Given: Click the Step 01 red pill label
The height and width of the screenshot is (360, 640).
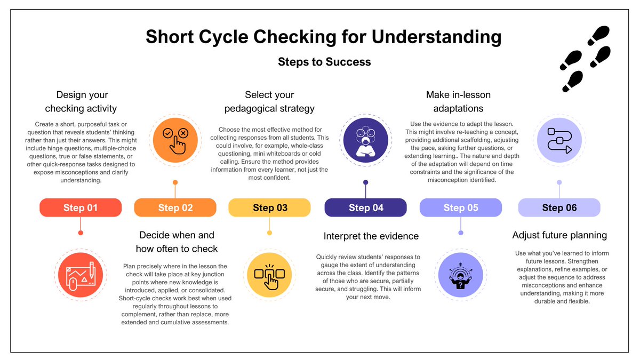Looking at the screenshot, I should point(81,207).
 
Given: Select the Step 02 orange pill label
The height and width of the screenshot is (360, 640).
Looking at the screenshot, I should point(175,207).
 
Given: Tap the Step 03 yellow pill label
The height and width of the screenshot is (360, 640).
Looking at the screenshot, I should point(270,207).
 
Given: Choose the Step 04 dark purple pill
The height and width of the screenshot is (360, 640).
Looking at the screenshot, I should point(366,207).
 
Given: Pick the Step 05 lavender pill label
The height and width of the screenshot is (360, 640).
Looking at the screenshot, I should point(461,207).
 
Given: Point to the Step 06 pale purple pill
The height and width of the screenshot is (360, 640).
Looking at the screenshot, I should point(559,207).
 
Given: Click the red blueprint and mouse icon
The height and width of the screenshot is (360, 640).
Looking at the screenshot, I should point(81,275).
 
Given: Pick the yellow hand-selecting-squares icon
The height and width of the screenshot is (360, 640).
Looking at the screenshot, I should point(269,275).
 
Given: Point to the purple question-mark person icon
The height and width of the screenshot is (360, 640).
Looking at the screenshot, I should point(461,275).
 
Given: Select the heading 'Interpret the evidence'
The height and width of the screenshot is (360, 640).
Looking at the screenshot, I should point(371,236).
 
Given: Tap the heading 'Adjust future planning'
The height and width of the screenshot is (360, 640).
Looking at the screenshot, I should point(559,235).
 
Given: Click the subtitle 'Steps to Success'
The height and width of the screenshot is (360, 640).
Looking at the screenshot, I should point(324,62).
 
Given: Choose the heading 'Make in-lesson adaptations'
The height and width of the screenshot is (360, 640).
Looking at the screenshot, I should point(458,101).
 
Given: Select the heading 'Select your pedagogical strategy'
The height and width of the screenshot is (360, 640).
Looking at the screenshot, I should point(269,101).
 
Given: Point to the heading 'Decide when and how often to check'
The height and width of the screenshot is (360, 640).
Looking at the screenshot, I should point(177,242).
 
